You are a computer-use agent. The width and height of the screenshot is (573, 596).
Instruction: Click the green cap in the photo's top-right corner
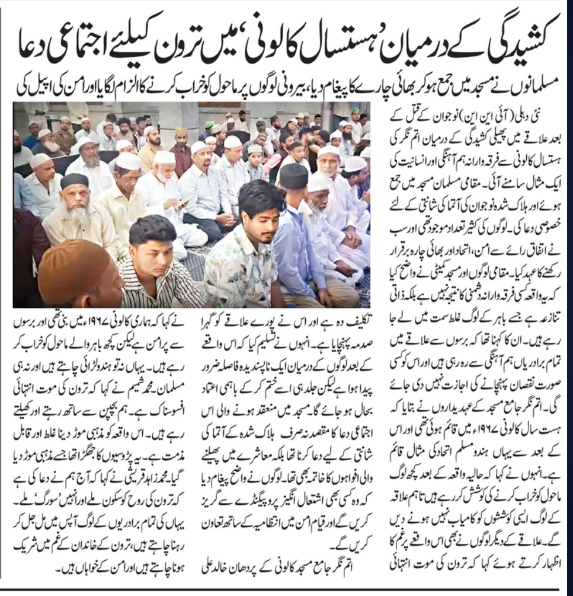coord(355,111)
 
